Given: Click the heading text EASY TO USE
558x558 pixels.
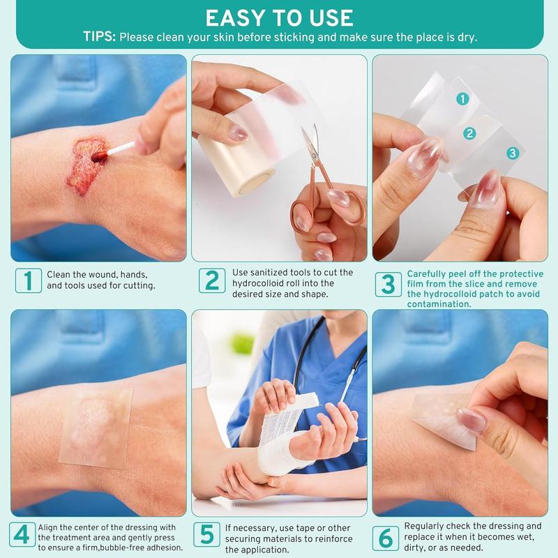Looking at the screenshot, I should pyautogui.click(x=279, y=17).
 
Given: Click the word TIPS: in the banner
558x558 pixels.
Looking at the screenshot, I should pyautogui.click(x=100, y=37).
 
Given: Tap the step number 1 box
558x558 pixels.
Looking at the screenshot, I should pyautogui.click(x=28, y=280).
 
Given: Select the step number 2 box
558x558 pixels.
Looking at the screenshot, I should pyautogui.click(x=211, y=280).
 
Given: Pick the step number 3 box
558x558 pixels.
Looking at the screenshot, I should pyautogui.click(x=389, y=284).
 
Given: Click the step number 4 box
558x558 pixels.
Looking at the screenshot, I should pyautogui.click(x=23, y=534).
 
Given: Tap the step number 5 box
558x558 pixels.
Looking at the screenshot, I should pyautogui.click(x=206, y=534).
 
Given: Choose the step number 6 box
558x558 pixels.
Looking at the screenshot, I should pyautogui.click(x=386, y=538).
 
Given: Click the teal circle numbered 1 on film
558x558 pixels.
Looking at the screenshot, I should pyautogui.click(x=462, y=100).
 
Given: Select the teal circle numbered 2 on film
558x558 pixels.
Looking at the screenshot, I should pyautogui.click(x=470, y=133).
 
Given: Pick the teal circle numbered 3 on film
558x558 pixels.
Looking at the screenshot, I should pyautogui.click(x=513, y=153).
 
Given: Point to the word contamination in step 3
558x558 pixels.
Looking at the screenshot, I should pyautogui.click(x=439, y=304).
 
